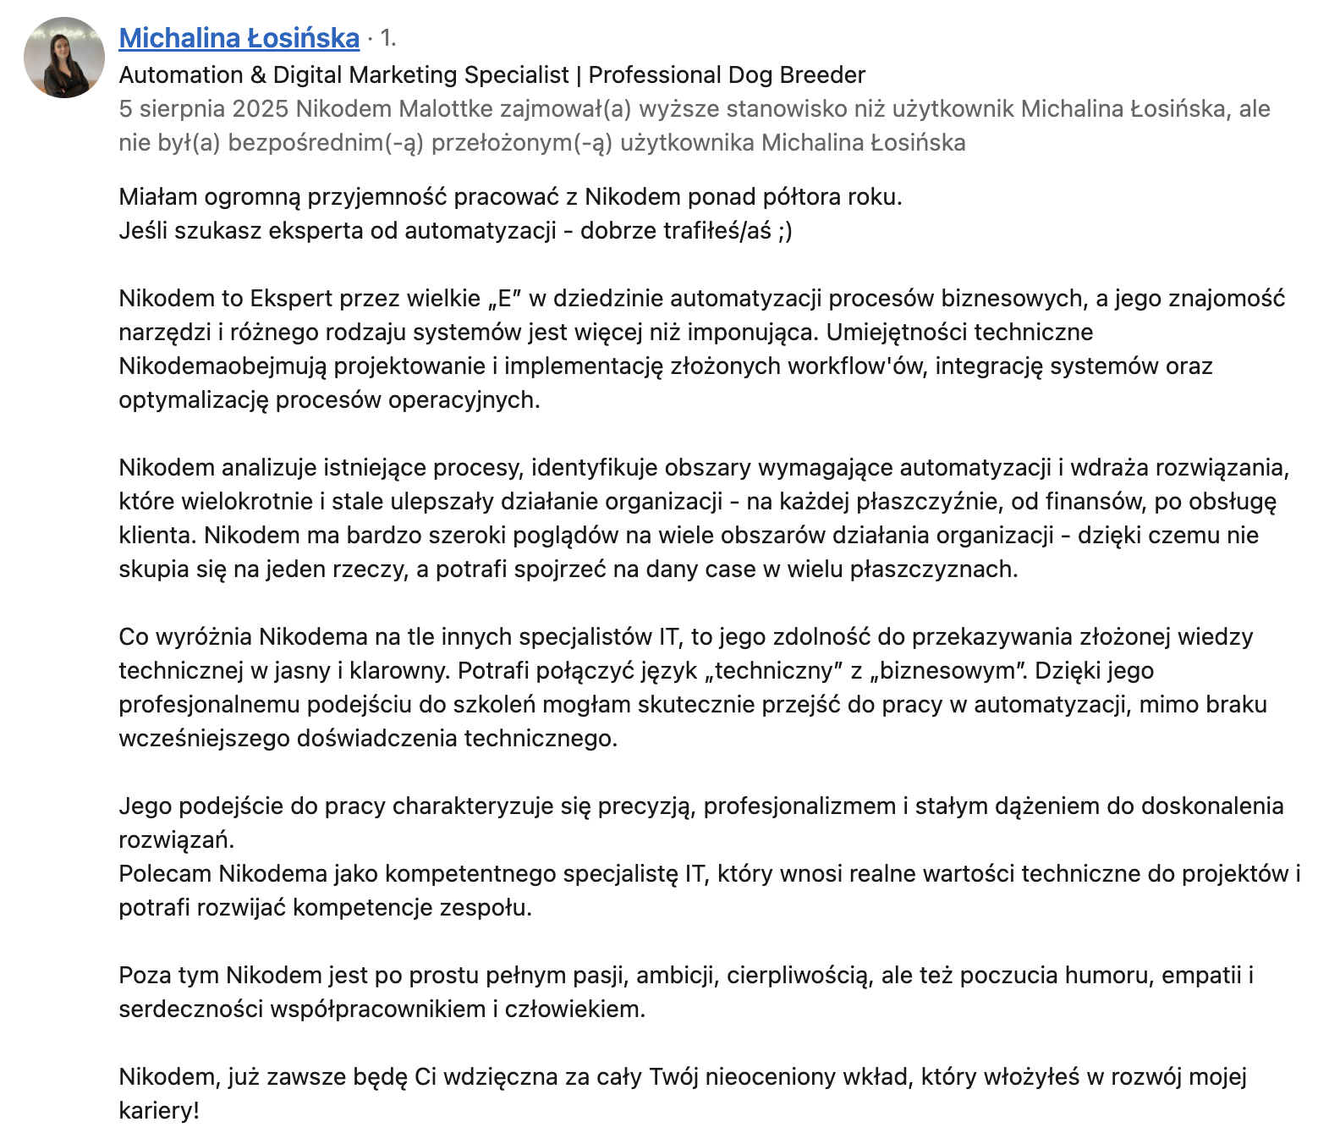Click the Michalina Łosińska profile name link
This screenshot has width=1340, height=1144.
coord(239,38)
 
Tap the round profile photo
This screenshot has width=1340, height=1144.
coord(64,58)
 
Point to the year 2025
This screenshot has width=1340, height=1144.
coord(261,109)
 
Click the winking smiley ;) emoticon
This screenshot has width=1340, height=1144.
coord(784,231)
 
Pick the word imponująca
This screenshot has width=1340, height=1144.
coord(753,333)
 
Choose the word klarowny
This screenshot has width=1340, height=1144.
coord(400,671)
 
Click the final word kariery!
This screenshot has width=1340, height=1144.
coord(159,1111)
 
